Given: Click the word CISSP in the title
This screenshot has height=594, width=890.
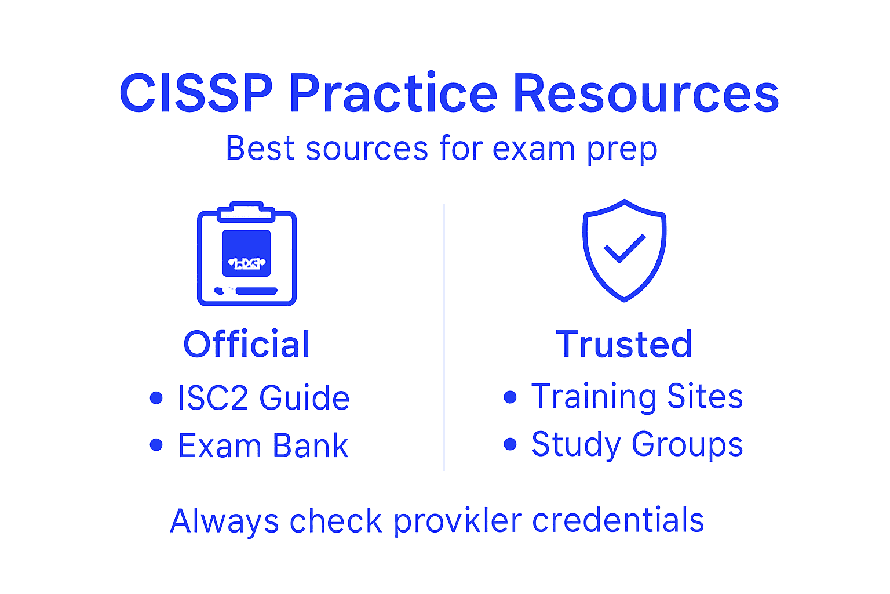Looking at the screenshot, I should coord(196,94).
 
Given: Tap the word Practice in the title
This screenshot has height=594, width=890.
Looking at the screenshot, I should coord(393,94).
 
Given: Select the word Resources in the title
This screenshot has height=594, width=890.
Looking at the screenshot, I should coord(645,94).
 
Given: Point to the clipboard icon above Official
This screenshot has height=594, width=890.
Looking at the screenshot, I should coord(247,255).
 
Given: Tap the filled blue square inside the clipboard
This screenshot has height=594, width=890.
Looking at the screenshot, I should coord(247,253).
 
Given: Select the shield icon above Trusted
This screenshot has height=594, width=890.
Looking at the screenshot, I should coord(624,251).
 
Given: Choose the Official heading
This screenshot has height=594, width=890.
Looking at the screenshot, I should coord(247,345).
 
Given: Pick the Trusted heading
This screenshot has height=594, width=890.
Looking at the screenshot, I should coord(624,345).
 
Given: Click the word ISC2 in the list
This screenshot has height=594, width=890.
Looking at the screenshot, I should coord(213,398).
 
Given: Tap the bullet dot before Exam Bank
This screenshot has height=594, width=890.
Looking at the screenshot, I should coord(156,445).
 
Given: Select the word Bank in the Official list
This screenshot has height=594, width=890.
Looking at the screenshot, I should coord(310,446).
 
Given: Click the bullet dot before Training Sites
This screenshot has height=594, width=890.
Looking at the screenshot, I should coord(510,397).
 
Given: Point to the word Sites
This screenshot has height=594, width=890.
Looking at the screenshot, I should coord(705,397).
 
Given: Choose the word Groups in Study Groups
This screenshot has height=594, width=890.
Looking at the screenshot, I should coord(687,445).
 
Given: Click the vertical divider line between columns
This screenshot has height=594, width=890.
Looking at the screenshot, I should coord(444,336).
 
